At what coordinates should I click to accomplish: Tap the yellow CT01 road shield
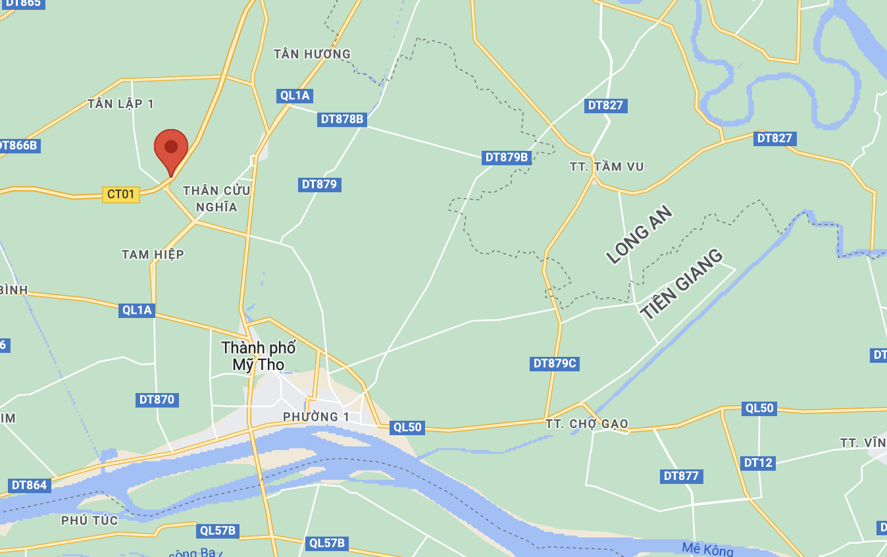121,194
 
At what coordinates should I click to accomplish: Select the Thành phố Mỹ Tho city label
259,356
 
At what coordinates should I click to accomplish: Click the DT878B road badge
342,119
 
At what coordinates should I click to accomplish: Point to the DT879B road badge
507,157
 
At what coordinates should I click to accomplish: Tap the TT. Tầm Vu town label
607,167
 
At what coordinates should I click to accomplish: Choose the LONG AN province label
640,234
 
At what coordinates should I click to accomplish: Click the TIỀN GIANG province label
682,284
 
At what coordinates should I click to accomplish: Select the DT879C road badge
555,363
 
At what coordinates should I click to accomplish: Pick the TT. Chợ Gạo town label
586,424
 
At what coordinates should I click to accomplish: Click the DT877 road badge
681,476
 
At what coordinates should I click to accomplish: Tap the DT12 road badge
758,463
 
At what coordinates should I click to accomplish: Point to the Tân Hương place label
312,54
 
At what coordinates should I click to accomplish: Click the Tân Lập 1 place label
120,104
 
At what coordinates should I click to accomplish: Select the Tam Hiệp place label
153,254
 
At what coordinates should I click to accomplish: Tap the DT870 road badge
157,400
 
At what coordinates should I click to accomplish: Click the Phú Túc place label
89,521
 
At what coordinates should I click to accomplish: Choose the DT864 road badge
30,485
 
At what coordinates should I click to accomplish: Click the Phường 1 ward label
316,417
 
